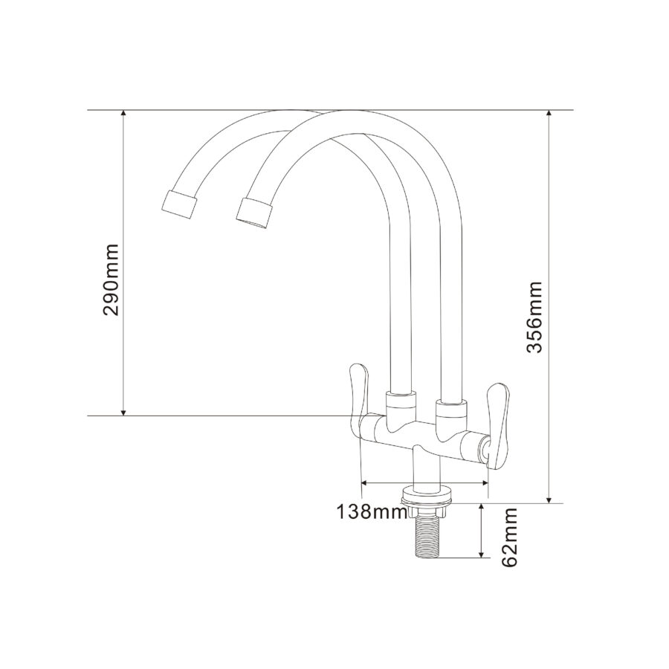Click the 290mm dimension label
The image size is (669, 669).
pyautogui.click(x=111, y=279)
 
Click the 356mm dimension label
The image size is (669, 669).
pyautogui.click(x=534, y=317)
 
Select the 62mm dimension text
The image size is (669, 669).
pyautogui.click(x=510, y=537)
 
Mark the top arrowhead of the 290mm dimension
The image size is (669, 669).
pyautogui.click(x=123, y=114)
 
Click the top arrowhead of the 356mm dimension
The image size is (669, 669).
pyautogui.click(x=549, y=114)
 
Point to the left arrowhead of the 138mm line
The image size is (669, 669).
pyautogui.click(x=364, y=482)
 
